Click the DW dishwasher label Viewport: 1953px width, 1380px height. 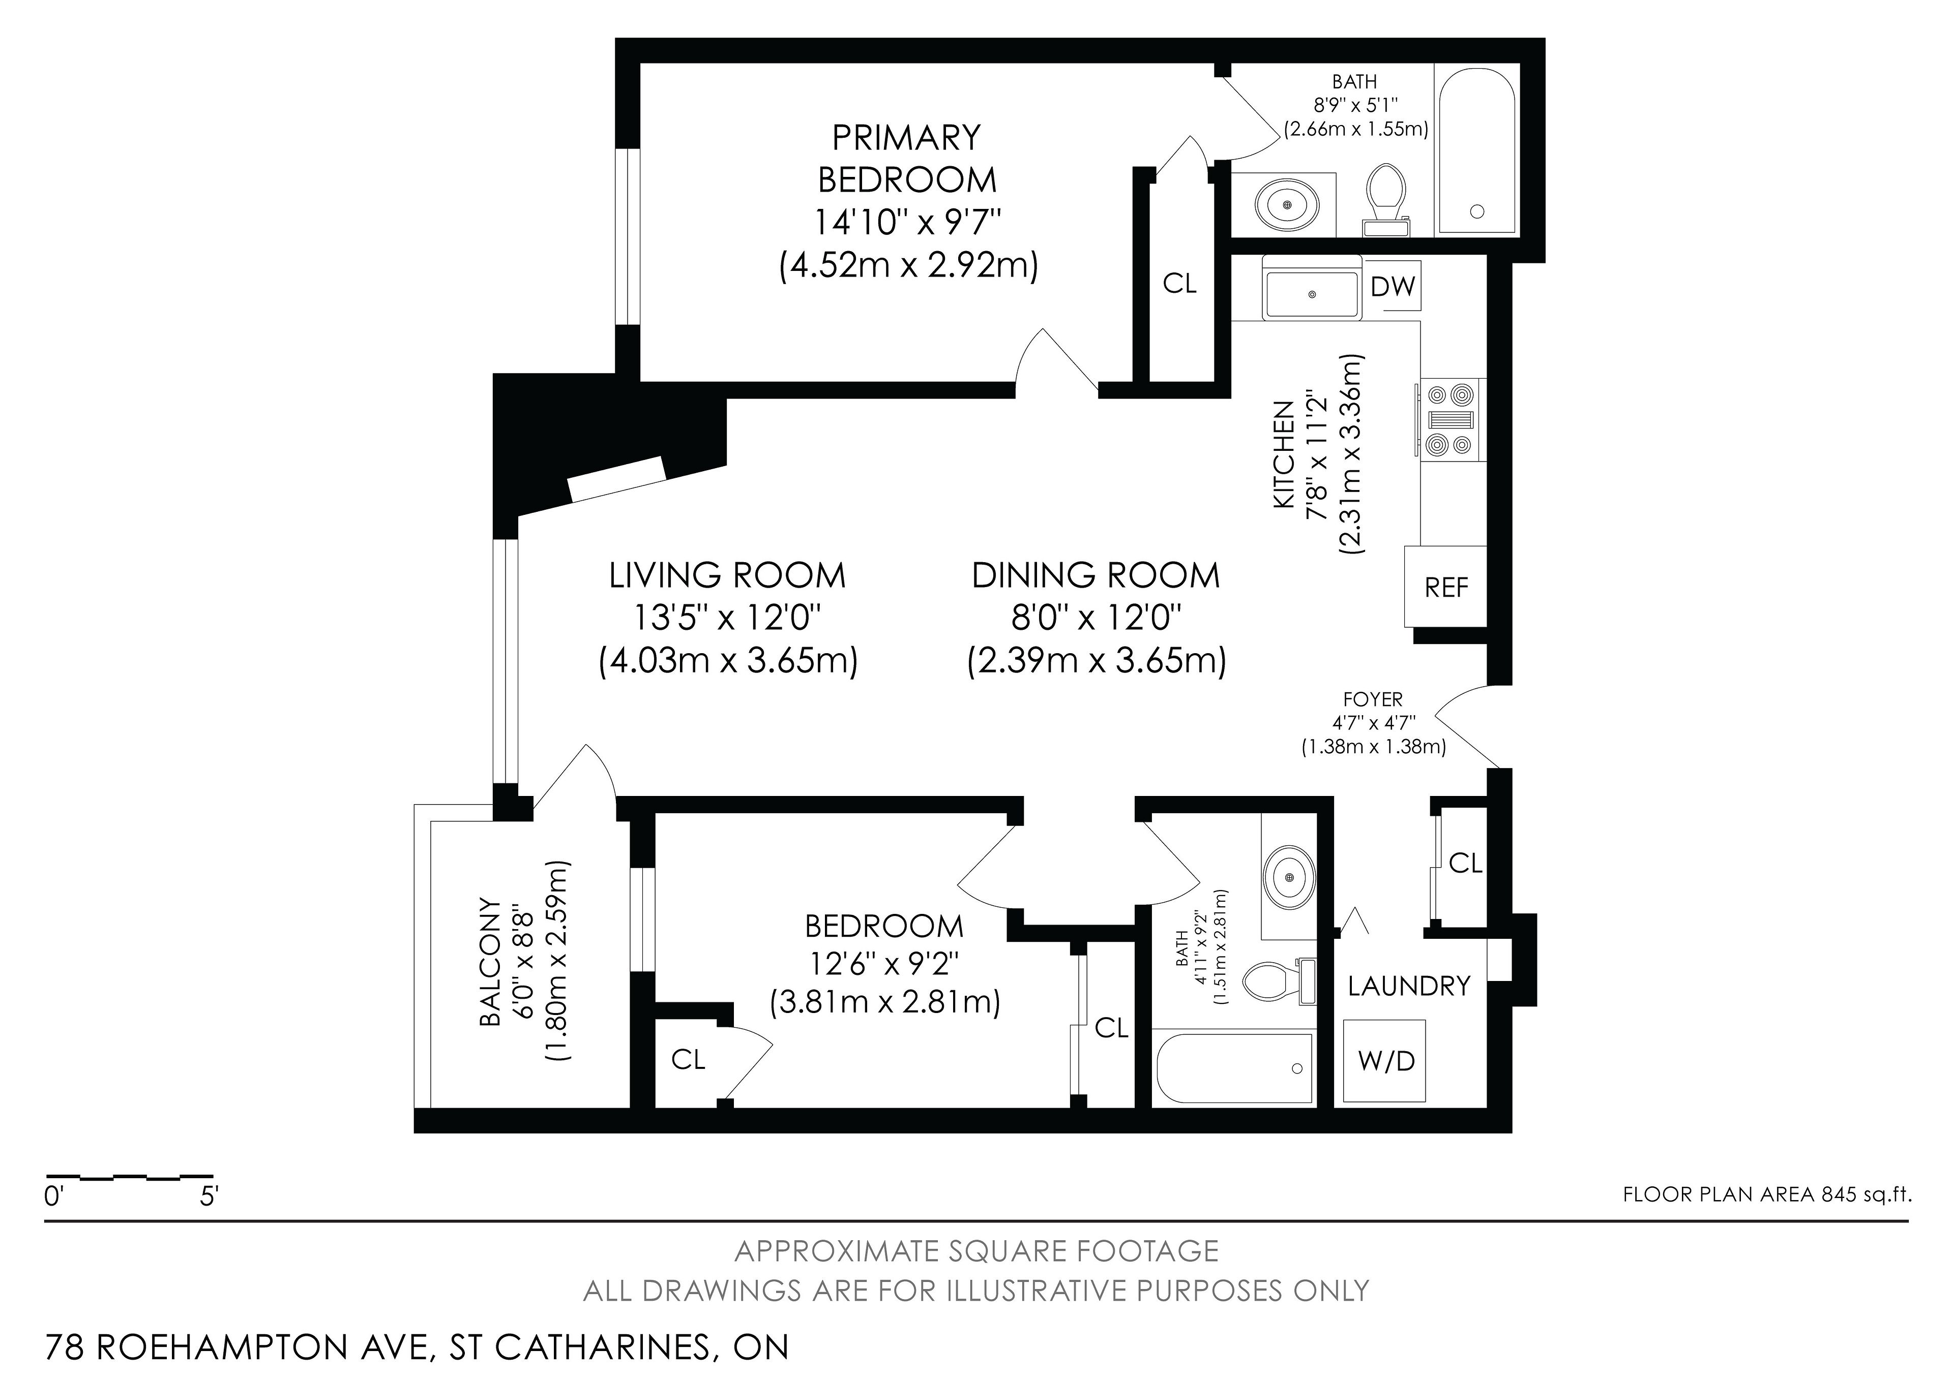pyautogui.click(x=1393, y=287)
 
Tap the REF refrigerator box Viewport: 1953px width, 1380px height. pyautogui.click(x=1446, y=587)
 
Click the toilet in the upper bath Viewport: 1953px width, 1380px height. pyautogui.click(x=1385, y=199)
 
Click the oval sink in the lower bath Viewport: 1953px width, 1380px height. pyautogui.click(x=1289, y=875)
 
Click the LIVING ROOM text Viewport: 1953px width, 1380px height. pyautogui.click(x=727, y=576)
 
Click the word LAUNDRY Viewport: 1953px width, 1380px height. pyautogui.click(x=1409, y=986)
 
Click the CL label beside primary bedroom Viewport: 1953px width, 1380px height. pyautogui.click(x=1179, y=283)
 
